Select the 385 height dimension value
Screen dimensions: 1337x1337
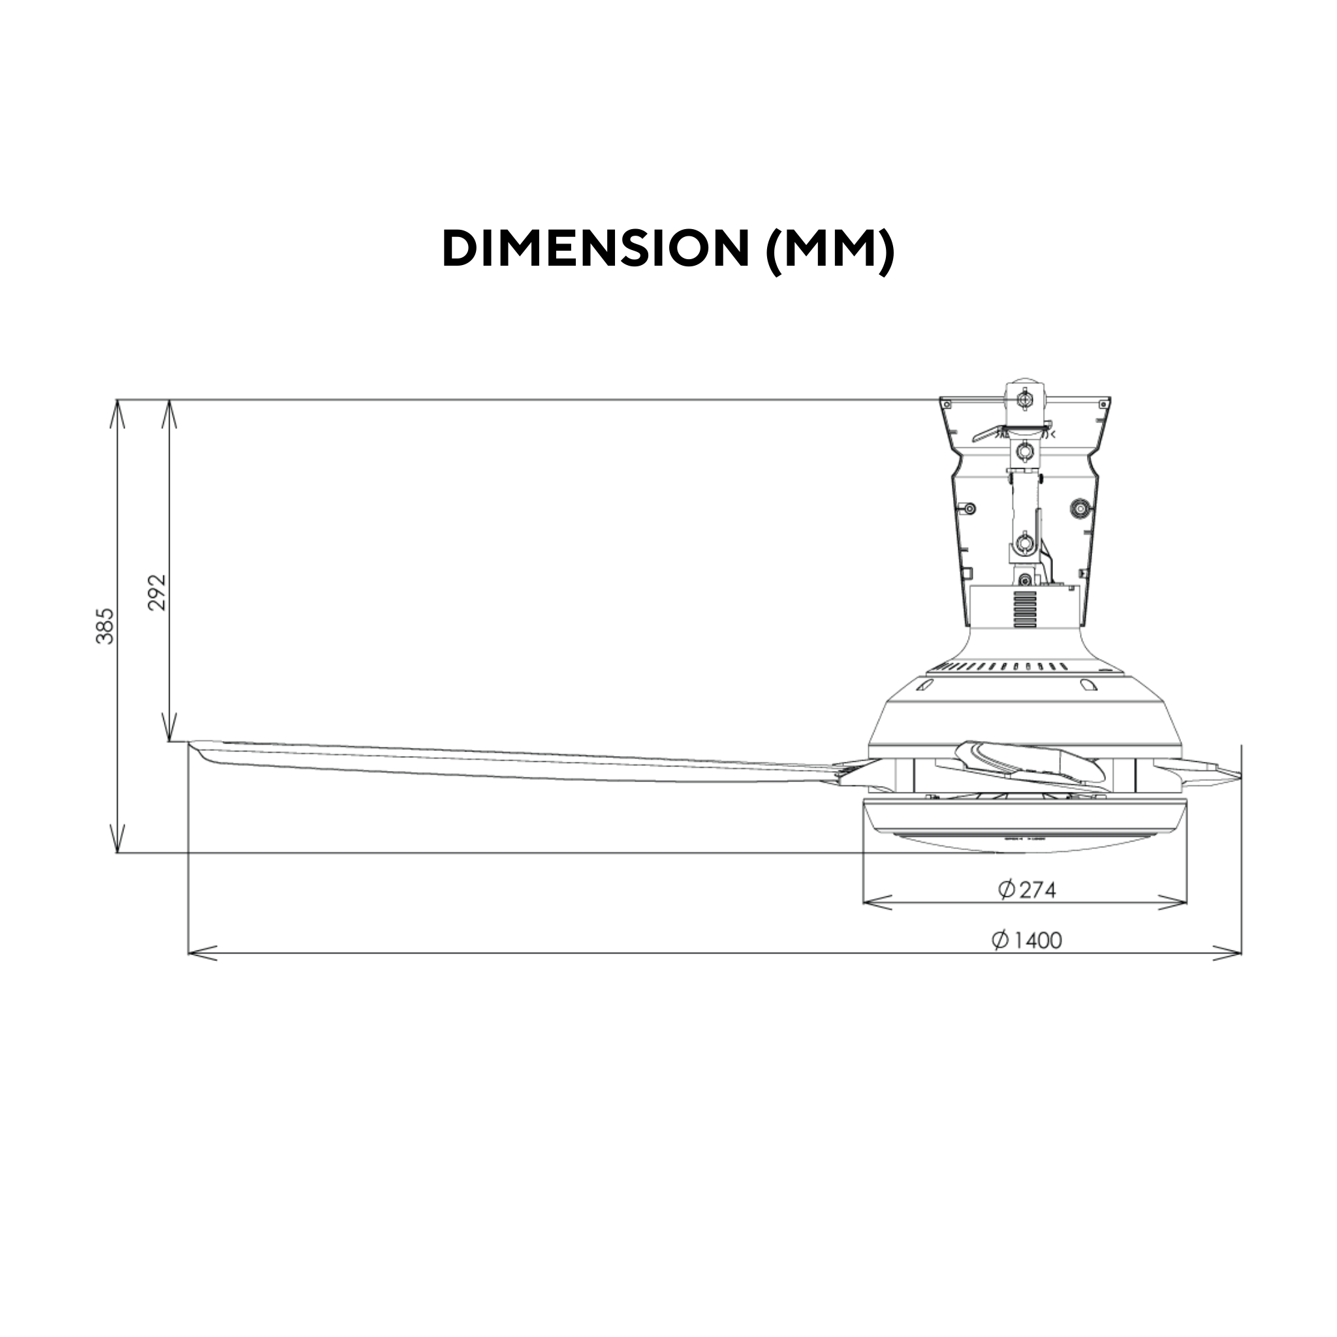(105, 626)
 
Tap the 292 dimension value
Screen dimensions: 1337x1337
(158, 592)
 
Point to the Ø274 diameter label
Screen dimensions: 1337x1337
(1027, 890)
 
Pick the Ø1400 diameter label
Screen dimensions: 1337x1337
(1027, 940)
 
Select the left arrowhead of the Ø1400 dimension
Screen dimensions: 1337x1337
(203, 954)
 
